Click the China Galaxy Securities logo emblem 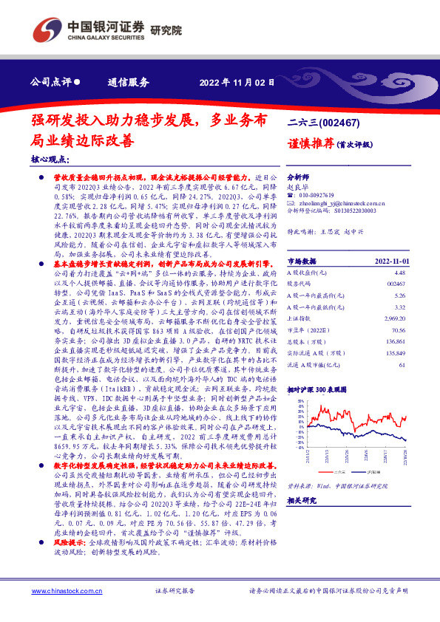pyautogui.click(x=46, y=31)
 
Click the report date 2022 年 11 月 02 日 pyautogui.click(x=232, y=82)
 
